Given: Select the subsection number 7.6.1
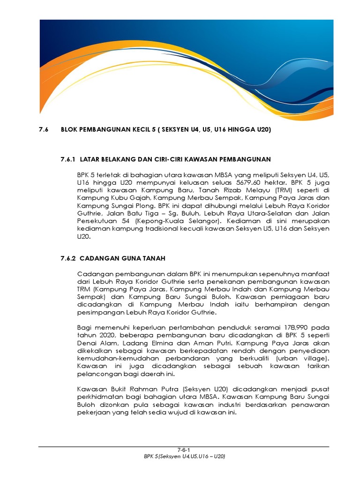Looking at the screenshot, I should tap(68, 160).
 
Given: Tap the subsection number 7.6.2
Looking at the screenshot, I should tap(68, 258).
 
